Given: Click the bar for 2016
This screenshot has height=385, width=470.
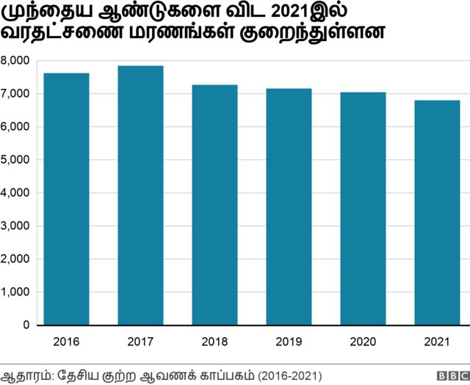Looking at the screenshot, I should point(67,198).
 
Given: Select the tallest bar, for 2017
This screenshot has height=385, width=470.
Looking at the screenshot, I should point(140,195).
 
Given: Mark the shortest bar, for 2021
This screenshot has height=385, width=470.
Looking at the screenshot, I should point(437,212).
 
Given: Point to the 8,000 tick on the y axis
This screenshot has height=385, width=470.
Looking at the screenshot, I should point(15,60).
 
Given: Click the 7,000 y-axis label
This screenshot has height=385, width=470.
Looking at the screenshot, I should point(15,93).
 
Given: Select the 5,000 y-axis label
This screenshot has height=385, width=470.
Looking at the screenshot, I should point(15,159).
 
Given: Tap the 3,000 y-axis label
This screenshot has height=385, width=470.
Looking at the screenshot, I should point(15,226).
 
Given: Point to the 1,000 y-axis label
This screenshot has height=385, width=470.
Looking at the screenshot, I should point(15,292).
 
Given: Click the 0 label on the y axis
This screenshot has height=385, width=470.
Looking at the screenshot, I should point(26,325).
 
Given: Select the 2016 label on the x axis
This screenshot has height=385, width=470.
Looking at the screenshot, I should point(67,342).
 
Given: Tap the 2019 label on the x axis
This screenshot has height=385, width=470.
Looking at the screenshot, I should point(289,342).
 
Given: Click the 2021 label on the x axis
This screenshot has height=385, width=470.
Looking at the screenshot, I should point(437,342).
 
